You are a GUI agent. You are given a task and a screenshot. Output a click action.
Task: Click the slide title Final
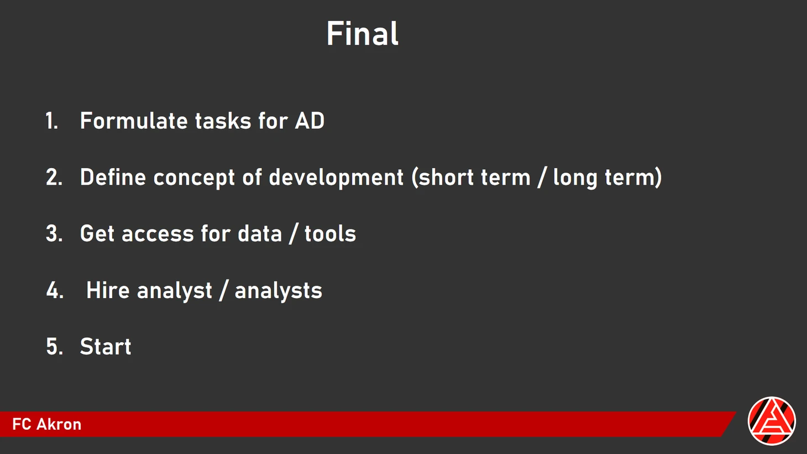tap(363, 33)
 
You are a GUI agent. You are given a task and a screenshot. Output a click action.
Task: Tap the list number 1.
tap(52, 121)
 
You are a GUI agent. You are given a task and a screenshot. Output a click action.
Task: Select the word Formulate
tap(134, 121)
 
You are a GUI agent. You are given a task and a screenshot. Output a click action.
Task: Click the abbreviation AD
tap(310, 121)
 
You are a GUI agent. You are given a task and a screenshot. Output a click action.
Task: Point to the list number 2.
tap(54, 178)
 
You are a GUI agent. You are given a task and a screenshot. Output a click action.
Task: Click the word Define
tap(113, 177)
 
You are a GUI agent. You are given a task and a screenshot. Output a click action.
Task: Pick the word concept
tap(194, 179)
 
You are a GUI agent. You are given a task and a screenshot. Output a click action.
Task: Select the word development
tap(336, 179)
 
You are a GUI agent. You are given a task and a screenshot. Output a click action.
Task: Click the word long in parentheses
tap(575, 179)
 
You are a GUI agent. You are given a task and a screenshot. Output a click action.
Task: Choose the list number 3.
tap(54, 233)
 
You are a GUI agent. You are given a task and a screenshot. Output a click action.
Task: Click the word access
tap(158, 234)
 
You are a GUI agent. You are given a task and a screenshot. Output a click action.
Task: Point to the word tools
tap(331, 233)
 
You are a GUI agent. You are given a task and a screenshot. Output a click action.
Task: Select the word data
tap(260, 233)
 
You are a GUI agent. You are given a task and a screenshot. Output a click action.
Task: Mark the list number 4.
tap(55, 290)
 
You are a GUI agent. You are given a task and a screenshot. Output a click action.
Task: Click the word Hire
tap(108, 290)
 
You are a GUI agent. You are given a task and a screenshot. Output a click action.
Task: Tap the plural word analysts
tap(279, 291)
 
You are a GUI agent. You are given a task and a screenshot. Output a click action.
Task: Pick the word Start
tap(106, 347)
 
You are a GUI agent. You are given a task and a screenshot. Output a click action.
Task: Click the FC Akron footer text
tap(47, 424)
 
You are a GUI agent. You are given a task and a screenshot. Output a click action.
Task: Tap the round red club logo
tap(771, 421)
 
